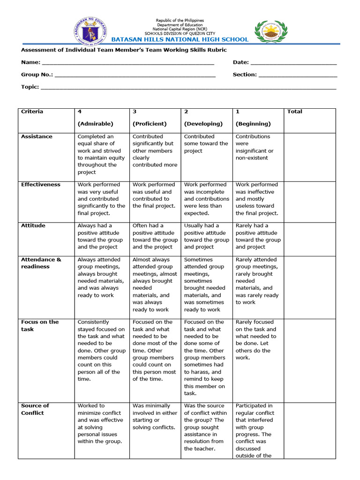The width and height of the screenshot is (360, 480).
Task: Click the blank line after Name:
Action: pos(127,63)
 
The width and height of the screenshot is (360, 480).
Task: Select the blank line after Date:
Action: pos(293,63)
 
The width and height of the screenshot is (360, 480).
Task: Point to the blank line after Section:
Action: pos(298,75)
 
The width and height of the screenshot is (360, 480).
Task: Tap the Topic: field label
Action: pos(30,87)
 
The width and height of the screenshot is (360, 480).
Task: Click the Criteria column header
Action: pos(32,112)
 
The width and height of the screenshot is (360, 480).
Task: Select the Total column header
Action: pos(294,112)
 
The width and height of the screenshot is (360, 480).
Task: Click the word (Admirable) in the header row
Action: pos(96,124)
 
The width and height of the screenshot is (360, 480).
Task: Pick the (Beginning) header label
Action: pos(253,124)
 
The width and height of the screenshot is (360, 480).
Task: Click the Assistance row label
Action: pos(37,136)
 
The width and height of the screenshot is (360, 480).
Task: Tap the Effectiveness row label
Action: pos(41,185)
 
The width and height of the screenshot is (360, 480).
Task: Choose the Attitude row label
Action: pos(33,225)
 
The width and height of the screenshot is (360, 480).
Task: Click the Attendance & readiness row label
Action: pos(41,263)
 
